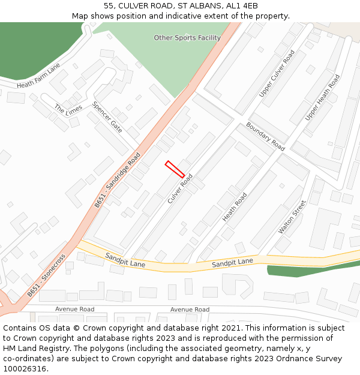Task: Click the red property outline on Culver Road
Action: point(175,169)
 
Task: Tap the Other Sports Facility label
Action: point(187,38)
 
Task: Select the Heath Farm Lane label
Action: point(39,77)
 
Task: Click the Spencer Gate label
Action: point(107,116)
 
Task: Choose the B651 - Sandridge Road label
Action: point(117,180)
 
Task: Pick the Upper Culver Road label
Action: point(277,74)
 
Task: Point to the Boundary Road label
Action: point(265,136)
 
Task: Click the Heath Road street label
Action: point(235,208)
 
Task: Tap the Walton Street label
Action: point(292,217)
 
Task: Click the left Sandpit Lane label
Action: point(125,260)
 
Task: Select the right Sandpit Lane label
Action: point(232,262)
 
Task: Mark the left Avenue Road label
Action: point(75,310)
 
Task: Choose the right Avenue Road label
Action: point(190,310)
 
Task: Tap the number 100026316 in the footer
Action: point(23,368)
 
